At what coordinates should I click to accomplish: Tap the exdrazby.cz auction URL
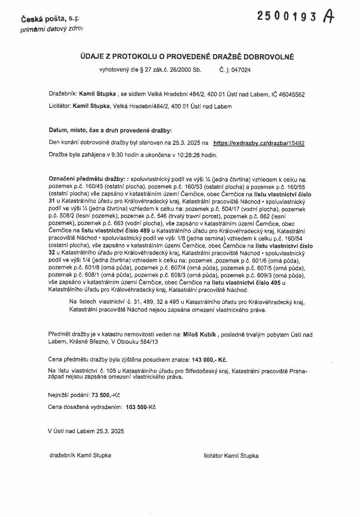pyautogui.click(x=259, y=143)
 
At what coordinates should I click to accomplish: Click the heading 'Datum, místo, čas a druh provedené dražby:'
pyautogui.click(x=110, y=130)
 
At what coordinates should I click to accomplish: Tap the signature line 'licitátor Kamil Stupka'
pyautogui.click(x=231, y=455)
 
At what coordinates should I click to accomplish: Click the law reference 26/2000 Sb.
pyautogui.click(x=184, y=70)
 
